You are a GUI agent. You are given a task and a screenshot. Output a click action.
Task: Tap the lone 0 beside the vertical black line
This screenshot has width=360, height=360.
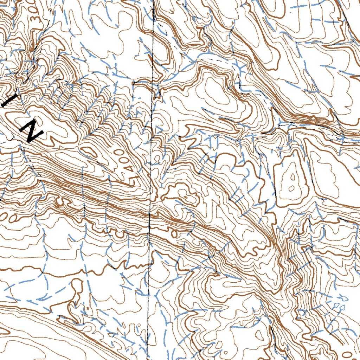pos(174,232)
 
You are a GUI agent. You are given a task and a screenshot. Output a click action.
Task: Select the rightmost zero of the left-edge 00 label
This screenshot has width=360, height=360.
pos(13,218)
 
